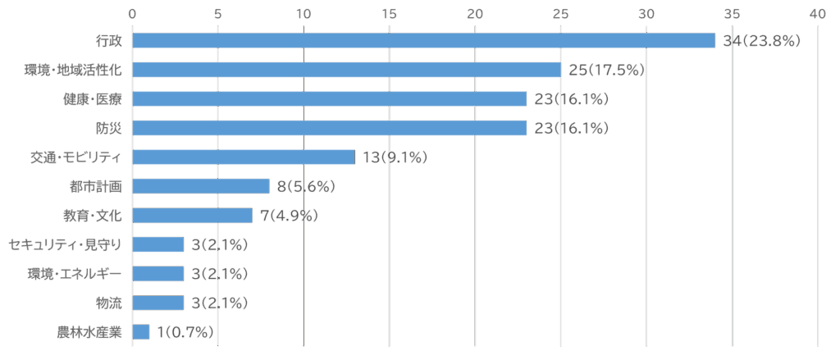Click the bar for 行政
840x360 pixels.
[x=423, y=41]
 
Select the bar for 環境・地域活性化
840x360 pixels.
[x=346, y=70]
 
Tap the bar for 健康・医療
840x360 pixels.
[x=329, y=99]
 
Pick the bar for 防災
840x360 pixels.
[x=329, y=128]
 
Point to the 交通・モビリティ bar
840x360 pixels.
[x=244, y=157]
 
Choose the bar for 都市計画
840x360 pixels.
[x=201, y=186]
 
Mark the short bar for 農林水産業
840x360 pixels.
[x=141, y=332]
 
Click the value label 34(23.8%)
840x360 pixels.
[x=760, y=41]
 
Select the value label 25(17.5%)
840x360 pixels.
[x=606, y=70]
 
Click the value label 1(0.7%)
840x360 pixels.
[x=185, y=332]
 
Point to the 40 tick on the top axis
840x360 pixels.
[x=817, y=13]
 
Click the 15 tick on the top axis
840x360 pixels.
[x=389, y=13]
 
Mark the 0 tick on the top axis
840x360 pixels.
[x=132, y=13]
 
